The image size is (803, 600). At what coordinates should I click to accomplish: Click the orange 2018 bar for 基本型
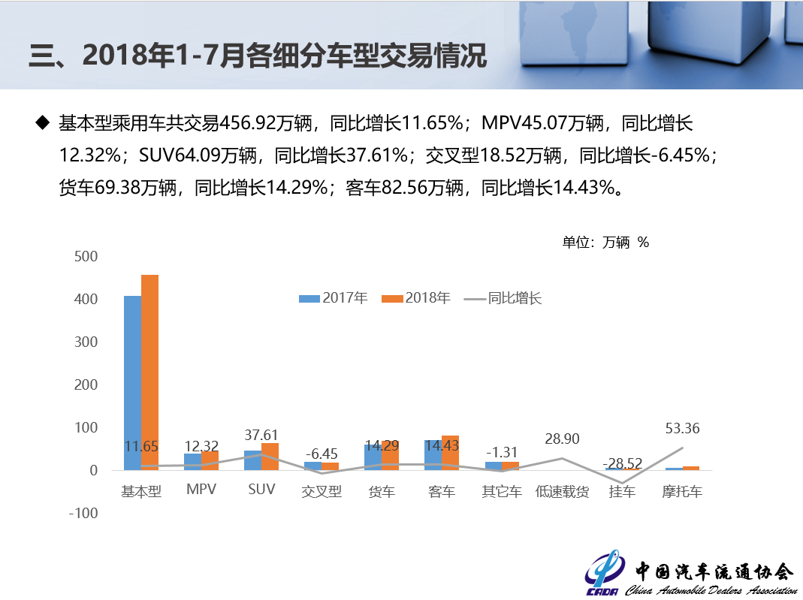click(x=149, y=372)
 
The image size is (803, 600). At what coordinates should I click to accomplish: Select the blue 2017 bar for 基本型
click(x=132, y=383)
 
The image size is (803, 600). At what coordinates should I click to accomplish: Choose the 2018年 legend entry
click(x=416, y=298)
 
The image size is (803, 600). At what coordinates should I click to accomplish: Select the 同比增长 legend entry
click(x=503, y=298)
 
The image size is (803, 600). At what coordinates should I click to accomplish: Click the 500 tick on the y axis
click(x=86, y=257)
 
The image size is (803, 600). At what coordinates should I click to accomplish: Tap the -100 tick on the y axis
click(x=84, y=514)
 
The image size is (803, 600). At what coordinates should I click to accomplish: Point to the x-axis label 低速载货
click(x=562, y=492)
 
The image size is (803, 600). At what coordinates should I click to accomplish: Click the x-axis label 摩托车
click(x=682, y=492)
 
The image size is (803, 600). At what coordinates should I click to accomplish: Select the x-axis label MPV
click(x=201, y=490)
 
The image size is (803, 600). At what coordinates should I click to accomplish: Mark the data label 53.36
click(x=682, y=429)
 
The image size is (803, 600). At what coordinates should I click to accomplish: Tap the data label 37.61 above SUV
click(x=261, y=435)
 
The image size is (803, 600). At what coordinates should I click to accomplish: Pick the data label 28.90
click(x=562, y=439)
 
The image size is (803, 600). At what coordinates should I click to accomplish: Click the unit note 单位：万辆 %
click(x=605, y=242)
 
